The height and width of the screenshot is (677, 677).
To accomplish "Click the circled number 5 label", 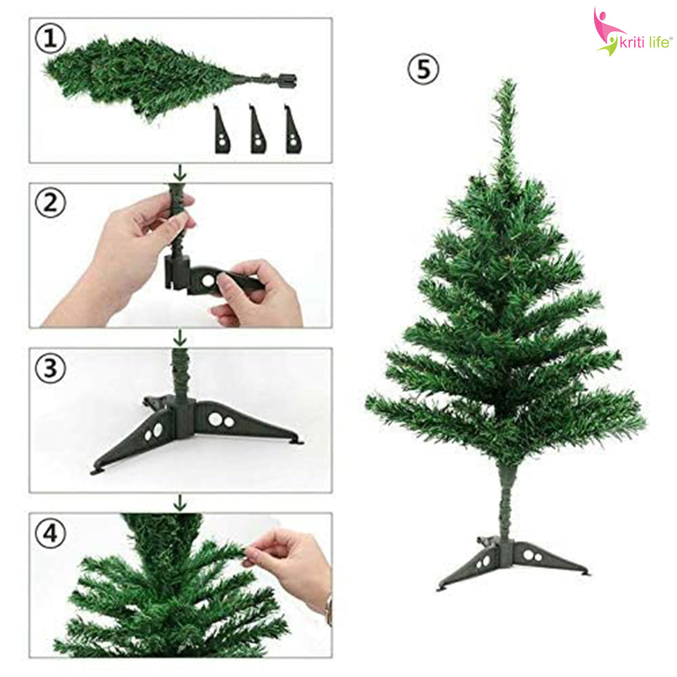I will [x=423, y=69].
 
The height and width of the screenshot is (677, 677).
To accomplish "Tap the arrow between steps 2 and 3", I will [x=180, y=337].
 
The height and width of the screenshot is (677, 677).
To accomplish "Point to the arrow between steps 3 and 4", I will [x=180, y=502].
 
